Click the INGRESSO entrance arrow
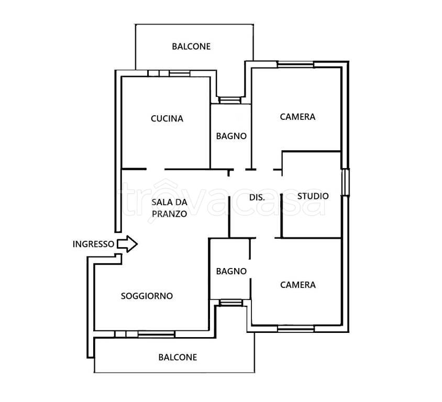(127, 244)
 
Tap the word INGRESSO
(93, 244)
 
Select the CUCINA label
(167, 119)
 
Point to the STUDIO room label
(313, 196)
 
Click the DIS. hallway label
(257, 197)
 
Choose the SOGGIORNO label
(147, 296)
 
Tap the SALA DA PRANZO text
(169, 208)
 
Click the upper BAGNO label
(231, 136)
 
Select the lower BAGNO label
(231, 271)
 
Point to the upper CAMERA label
(297, 117)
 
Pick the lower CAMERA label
(297, 285)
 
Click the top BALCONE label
(191, 47)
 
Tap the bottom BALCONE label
(178, 357)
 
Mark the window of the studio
(345, 182)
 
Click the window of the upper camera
(295, 64)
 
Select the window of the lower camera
(296, 329)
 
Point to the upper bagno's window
(230, 100)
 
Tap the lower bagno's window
(230, 303)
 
